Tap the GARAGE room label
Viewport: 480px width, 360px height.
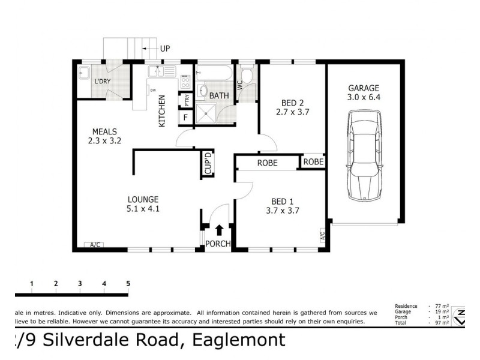(x=363, y=88)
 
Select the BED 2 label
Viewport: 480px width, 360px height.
(x=292, y=102)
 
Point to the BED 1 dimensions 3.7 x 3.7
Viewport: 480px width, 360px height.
(x=282, y=211)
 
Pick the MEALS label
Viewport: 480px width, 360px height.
(x=104, y=132)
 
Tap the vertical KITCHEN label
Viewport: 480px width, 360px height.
(x=161, y=113)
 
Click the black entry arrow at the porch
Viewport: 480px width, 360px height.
(x=219, y=230)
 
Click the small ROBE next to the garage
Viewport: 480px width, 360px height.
(x=313, y=162)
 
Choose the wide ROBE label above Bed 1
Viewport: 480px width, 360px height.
(x=267, y=163)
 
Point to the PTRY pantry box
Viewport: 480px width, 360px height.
(x=187, y=100)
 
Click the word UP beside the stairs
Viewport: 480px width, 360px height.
(x=166, y=48)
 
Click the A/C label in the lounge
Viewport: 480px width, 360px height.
(x=95, y=245)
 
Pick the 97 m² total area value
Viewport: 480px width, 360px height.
(x=444, y=323)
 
